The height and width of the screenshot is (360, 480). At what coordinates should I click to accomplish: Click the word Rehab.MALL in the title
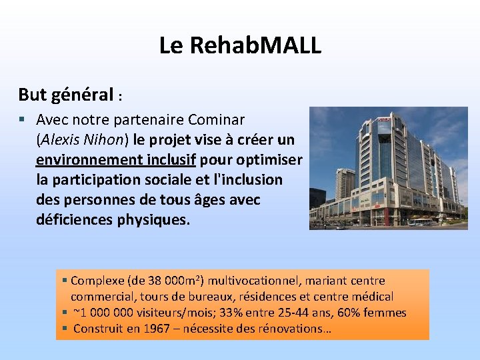coord(255,45)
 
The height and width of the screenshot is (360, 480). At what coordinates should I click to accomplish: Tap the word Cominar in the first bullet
coord(216,120)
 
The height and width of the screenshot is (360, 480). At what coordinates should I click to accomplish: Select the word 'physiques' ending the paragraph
coord(155,220)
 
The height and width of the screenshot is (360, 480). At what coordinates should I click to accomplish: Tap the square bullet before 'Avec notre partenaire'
coord(23,120)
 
